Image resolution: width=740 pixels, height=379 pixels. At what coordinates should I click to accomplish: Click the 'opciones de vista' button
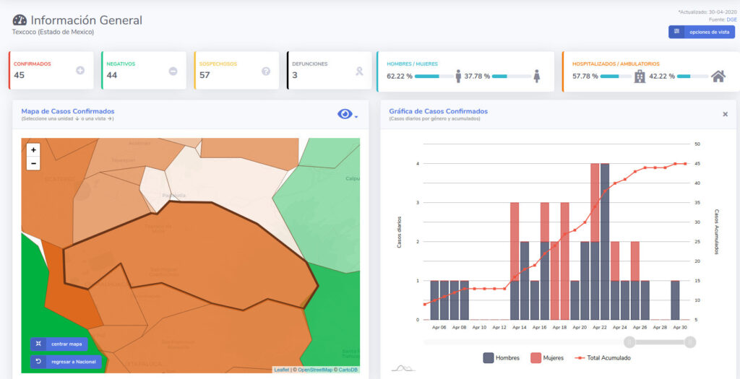pos(702,32)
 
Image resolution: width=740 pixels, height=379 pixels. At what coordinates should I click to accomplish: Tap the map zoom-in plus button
pos(33,150)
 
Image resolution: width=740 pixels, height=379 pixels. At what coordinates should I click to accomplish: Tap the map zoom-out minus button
pos(33,164)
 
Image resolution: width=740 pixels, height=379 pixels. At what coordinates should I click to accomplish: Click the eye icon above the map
pos(345,114)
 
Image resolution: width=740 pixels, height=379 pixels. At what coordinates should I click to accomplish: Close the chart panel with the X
pos(725,114)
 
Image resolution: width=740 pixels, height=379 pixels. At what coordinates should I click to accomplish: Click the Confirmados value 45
pos(20,75)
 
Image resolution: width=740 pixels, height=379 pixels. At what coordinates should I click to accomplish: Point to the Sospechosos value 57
pos(205,75)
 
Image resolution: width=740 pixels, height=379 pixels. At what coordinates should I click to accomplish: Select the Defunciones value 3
pos(295,75)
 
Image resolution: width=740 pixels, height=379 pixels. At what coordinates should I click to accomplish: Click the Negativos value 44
pos(112,75)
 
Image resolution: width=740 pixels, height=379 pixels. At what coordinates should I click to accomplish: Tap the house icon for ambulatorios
pos(718,76)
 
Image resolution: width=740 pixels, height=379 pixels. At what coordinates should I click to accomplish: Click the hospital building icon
pos(640,76)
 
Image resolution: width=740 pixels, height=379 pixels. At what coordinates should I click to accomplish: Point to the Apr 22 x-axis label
pos(600,327)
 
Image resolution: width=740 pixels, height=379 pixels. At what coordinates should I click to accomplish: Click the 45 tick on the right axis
pos(697,163)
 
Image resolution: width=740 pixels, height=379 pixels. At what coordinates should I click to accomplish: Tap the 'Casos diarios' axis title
pos(399,232)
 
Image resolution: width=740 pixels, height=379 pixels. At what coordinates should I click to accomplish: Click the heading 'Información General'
pos(86,20)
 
